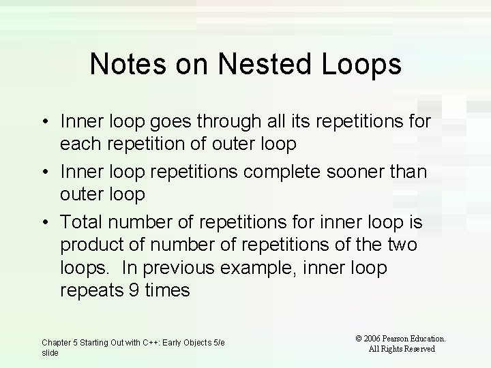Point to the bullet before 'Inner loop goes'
44,122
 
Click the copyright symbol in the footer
359,338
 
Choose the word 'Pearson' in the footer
402,338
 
